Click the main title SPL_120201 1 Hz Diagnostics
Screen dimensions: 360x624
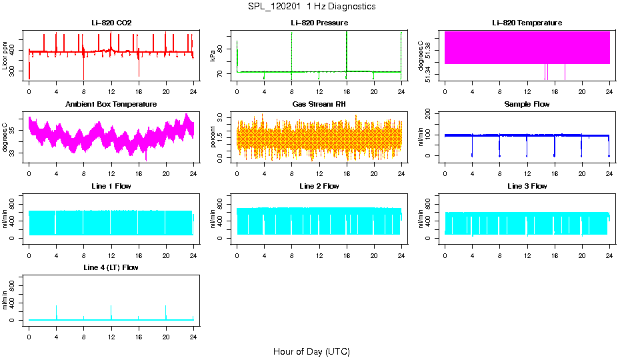pyautogui.click(x=311, y=6)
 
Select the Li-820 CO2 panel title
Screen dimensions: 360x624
pyautogui.click(x=111, y=23)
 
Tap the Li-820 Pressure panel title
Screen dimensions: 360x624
pyautogui.click(x=319, y=23)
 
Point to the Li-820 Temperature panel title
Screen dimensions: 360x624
pyautogui.click(x=527, y=23)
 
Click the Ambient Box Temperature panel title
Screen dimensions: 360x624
pyautogui.click(x=111, y=104)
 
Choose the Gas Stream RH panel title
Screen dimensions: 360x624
pyautogui.click(x=319, y=104)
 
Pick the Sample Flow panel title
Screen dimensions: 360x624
pyautogui.click(x=527, y=104)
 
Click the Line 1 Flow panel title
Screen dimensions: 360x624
pyautogui.click(x=111, y=186)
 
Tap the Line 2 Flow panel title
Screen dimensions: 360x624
pyautogui.click(x=319, y=186)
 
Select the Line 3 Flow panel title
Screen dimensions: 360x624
pyautogui.click(x=527, y=186)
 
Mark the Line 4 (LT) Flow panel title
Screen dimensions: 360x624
pyautogui.click(x=111, y=267)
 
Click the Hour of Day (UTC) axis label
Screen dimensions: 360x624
pyautogui.click(x=311, y=351)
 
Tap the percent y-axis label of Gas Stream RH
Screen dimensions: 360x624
pyautogui.click(x=213, y=137)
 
